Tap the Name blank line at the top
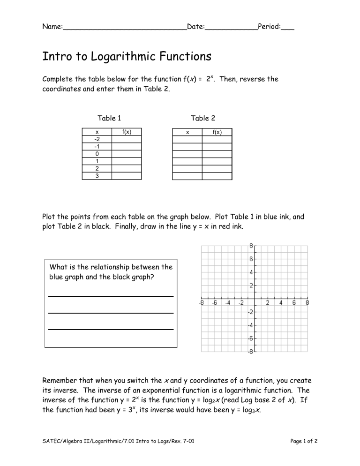point(124,29)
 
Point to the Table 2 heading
point(203,118)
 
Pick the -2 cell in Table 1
point(97,139)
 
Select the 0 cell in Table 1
point(97,154)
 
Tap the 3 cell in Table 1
point(97,176)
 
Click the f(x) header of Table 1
point(126,132)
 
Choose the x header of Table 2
point(187,132)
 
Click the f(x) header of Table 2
point(217,132)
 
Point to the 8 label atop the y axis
point(251,245)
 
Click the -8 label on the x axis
point(201,303)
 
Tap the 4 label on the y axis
point(251,272)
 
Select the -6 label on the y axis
point(250,338)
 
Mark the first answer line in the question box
point(111,296)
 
